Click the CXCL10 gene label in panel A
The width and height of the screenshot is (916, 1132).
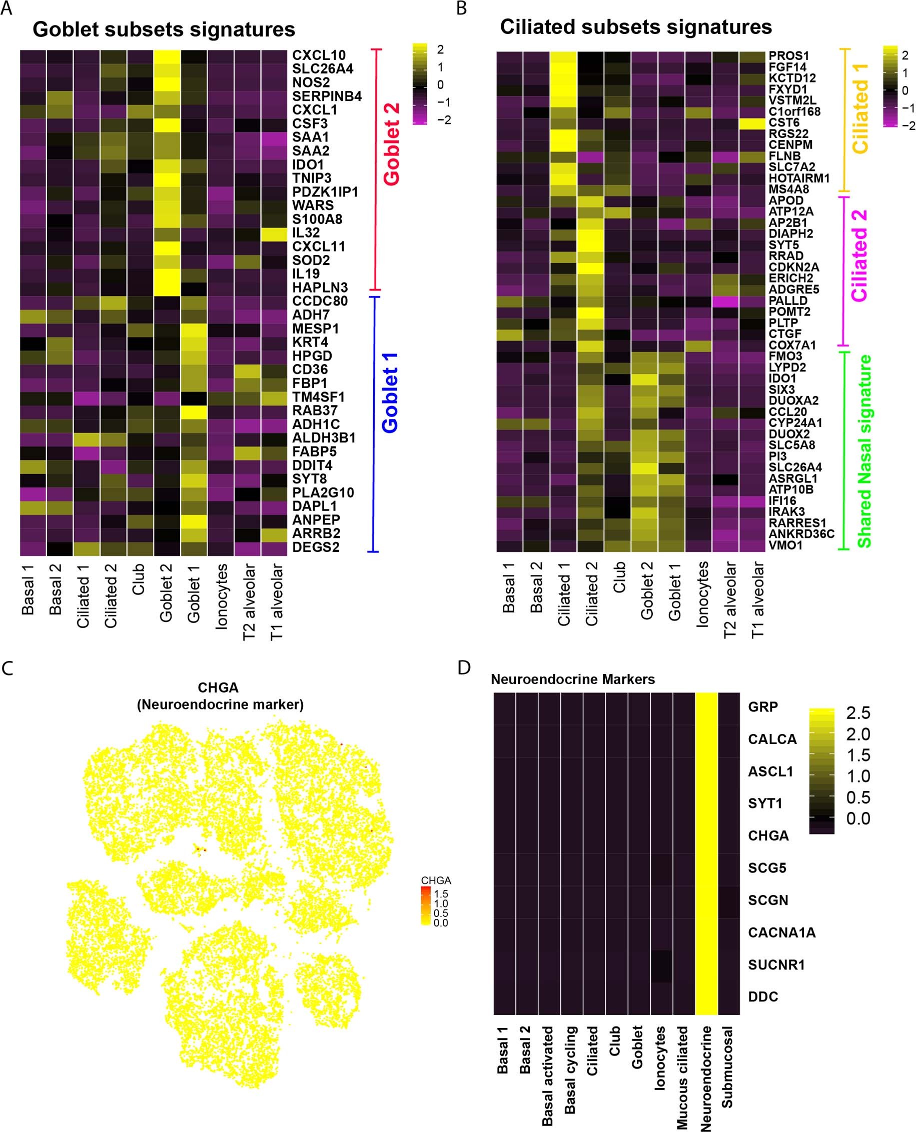click(319, 55)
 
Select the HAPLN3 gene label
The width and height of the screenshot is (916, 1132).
click(320, 288)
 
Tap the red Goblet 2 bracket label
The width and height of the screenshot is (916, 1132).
click(392, 144)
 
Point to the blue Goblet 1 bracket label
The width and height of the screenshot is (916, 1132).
click(390, 393)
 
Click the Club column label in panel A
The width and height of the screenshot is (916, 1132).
click(138, 579)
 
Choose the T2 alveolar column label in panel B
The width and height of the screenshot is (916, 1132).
click(730, 600)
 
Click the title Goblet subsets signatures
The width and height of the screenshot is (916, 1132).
click(164, 29)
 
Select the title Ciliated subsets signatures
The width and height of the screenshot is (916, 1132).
click(636, 27)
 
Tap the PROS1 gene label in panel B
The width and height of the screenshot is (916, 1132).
click(788, 56)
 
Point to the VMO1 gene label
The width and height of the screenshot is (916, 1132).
click(785, 545)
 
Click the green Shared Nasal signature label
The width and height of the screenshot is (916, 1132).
click(864, 451)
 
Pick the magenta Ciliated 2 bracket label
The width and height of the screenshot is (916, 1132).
click(859, 255)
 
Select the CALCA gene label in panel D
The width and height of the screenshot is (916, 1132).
click(772, 739)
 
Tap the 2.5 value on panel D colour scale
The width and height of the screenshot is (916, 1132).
click(858, 713)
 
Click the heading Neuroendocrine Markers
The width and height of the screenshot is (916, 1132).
click(572, 679)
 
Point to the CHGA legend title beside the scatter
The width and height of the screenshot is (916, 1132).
click(436, 880)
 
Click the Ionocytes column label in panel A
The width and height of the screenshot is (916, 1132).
click(221, 596)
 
